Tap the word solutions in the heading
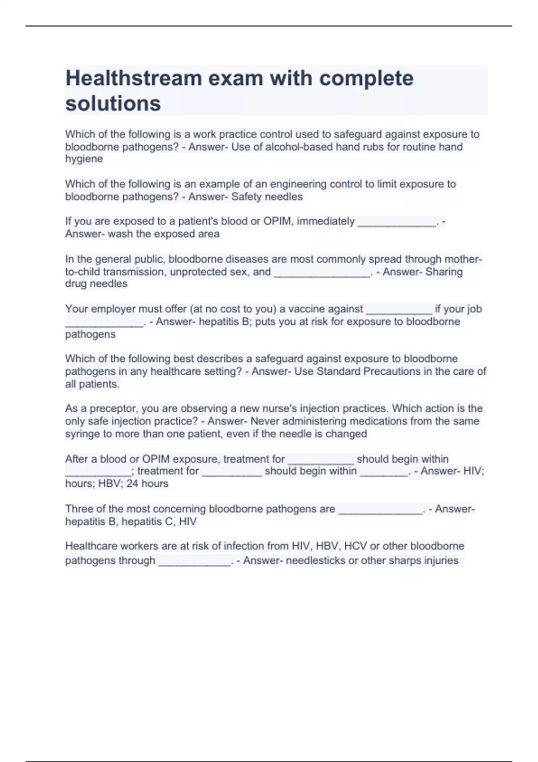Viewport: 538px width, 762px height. pyautogui.click(x=113, y=104)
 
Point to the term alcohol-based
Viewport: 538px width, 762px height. pyautogui.click(x=297, y=147)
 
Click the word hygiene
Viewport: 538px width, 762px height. pyautogui.click(x=84, y=159)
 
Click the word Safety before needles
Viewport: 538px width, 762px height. pyautogui.click(x=247, y=197)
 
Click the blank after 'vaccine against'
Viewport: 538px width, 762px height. pyautogui.click(x=399, y=311)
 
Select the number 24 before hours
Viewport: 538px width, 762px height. pyautogui.click(x=132, y=484)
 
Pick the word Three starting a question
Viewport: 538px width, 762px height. pyautogui.click(x=79, y=509)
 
